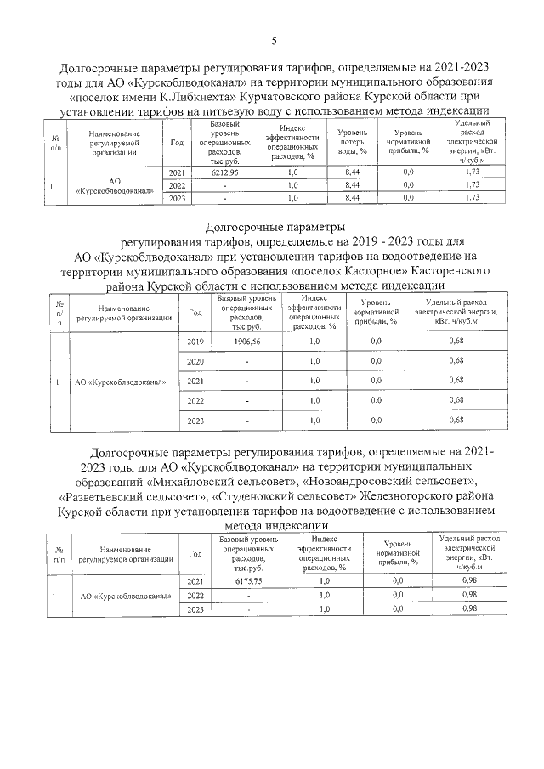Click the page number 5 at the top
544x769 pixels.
(274, 41)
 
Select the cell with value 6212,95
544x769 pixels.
(225, 172)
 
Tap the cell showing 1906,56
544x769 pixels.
(246, 341)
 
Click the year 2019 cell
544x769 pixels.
(195, 341)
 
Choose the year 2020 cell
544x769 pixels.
(195, 361)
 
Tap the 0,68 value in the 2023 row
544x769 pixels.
(456, 421)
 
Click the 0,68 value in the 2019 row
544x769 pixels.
(456, 341)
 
